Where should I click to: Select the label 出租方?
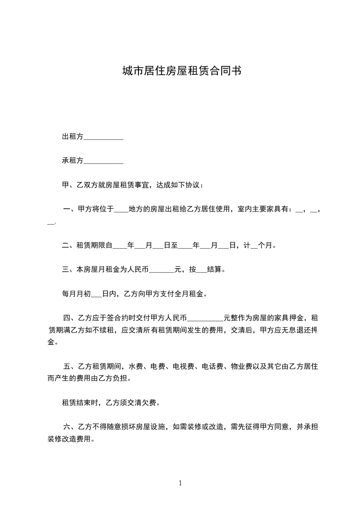73,137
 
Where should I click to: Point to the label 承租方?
73,161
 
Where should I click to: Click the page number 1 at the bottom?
180,483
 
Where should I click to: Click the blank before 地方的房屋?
121,210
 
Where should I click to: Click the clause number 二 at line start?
65,246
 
